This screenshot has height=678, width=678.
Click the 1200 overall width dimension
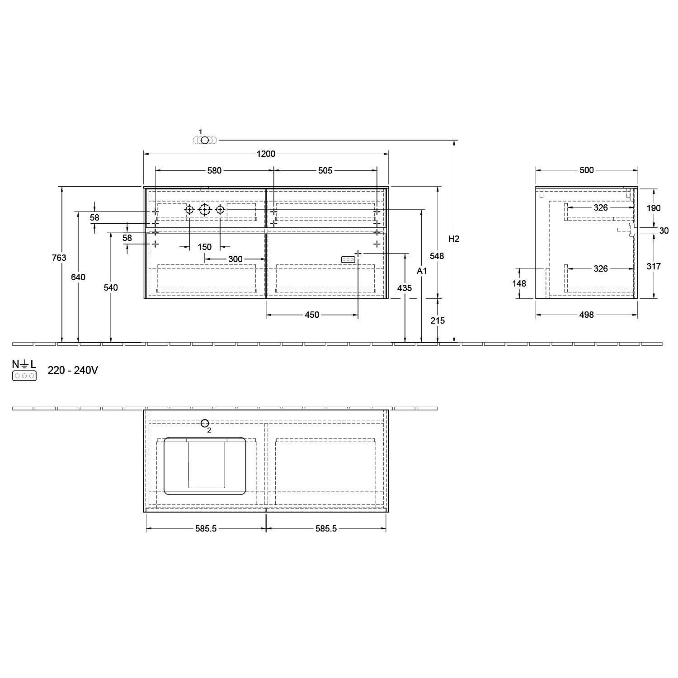266,154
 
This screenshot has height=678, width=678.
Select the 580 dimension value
214,170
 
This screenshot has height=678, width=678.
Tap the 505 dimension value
325,170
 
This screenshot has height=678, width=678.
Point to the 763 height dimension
59,258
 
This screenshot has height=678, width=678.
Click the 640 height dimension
78,277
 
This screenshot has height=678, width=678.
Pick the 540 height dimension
111,287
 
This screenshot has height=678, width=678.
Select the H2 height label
454,239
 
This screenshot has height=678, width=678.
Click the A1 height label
421,271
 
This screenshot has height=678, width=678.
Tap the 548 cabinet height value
437,256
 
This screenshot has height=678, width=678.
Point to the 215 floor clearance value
438,320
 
